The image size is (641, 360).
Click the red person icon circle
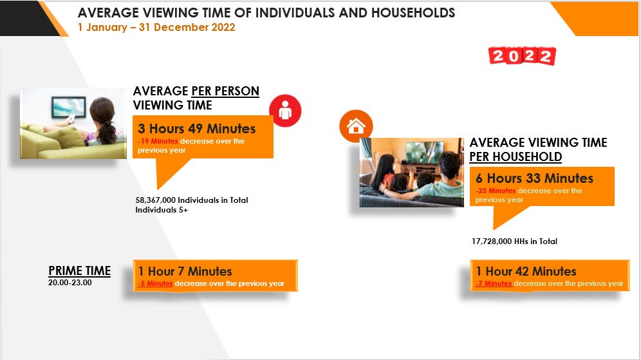[285, 111]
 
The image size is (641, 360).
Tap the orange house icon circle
[356, 126]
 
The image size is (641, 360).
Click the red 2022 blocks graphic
[522, 56]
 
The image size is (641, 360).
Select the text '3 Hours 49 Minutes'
[197, 128]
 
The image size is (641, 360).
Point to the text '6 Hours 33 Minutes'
[534, 178]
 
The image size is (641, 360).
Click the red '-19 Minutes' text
[158, 141]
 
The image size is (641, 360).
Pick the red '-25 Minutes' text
[496, 191]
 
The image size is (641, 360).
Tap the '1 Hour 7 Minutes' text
[185, 271]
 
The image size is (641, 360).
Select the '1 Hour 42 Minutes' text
[526, 271]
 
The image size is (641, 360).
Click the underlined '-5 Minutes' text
[155, 283]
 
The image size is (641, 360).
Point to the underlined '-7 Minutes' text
[494, 283]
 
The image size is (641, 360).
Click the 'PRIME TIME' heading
[79, 271]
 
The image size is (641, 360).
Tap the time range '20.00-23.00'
[70, 283]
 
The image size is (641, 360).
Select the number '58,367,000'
[155, 200]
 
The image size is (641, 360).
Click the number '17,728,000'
[492, 242]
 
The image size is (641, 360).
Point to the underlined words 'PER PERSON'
[225, 91]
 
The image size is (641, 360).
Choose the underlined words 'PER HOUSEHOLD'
[516, 156]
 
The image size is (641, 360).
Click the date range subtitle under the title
[156, 28]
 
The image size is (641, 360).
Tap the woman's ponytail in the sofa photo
[107, 132]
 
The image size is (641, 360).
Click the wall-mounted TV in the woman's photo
[69, 107]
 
